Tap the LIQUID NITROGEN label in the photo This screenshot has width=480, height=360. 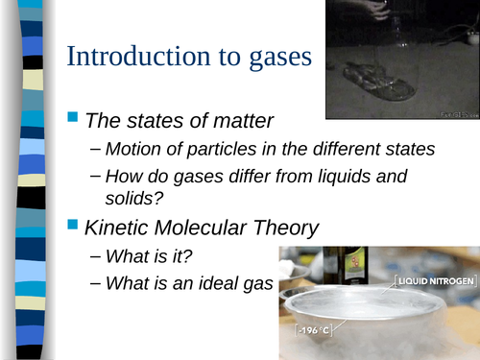coord(434,281)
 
